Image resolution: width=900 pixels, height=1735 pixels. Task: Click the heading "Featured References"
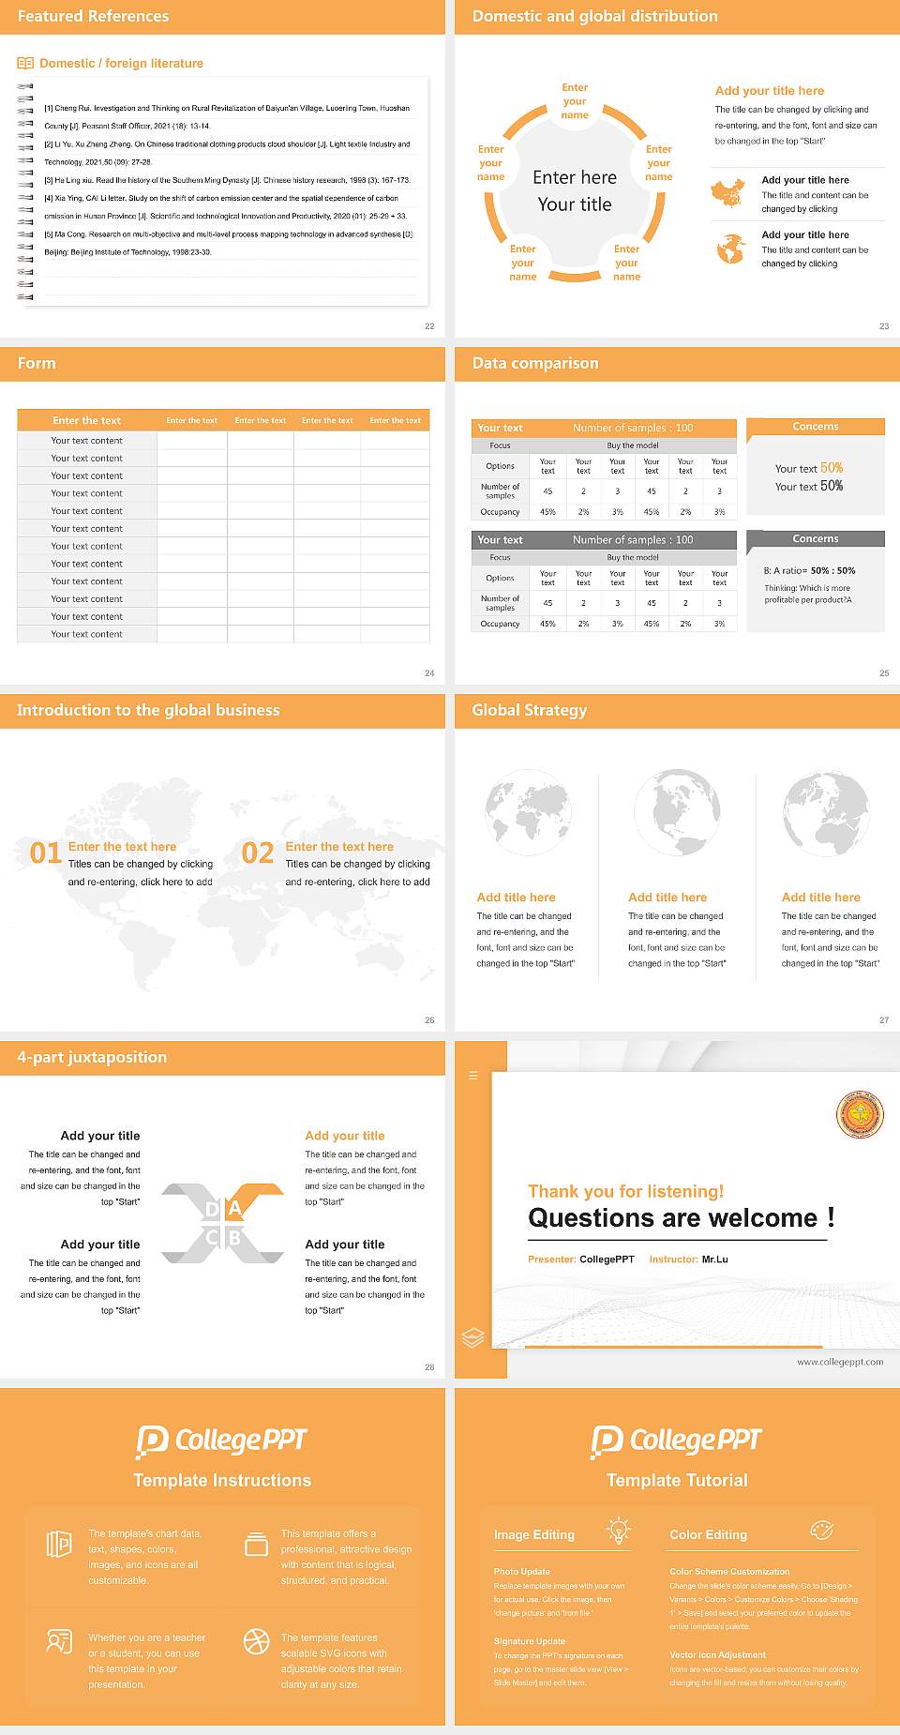(93, 16)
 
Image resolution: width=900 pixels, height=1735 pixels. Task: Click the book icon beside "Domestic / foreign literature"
(25, 63)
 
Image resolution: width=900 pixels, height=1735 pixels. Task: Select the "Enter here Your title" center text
(575, 190)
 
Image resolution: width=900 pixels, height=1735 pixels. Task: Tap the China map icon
(727, 193)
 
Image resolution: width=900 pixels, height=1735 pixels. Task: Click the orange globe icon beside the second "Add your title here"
(730, 249)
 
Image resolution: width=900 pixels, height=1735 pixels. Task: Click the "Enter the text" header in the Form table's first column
(86, 420)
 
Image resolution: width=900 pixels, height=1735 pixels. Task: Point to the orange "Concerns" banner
(815, 427)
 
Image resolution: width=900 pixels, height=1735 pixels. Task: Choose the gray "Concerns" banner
(815, 539)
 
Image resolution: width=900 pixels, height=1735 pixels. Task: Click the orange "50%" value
(832, 468)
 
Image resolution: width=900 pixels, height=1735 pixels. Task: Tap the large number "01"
(46, 852)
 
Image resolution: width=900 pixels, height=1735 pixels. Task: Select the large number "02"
(258, 852)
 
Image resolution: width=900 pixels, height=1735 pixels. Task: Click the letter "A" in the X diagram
(234, 1208)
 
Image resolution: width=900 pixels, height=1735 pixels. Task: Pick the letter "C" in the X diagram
(212, 1238)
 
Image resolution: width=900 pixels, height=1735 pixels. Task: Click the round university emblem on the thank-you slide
(860, 1116)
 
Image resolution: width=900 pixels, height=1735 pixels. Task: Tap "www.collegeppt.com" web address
(840, 1362)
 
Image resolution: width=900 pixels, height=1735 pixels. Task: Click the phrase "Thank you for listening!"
(625, 1191)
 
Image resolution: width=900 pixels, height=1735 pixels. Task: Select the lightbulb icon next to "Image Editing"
(618, 1531)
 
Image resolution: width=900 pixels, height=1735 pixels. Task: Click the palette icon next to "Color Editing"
(821, 1531)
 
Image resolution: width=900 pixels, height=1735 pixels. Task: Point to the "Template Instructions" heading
(222, 1480)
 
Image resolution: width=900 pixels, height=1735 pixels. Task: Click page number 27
(884, 1019)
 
